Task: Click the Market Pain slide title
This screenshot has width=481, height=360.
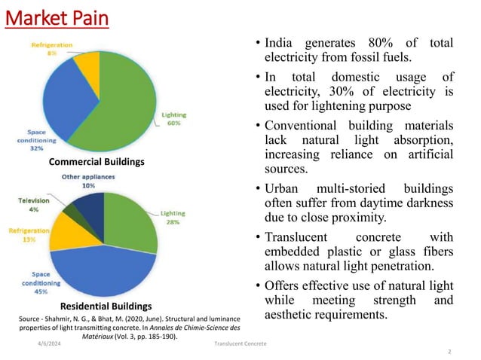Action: click(57, 18)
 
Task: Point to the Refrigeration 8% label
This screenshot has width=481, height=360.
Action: click(53, 49)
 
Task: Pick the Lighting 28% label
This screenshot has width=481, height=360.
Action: click(175, 218)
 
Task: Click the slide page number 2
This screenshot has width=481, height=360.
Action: click(449, 352)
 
